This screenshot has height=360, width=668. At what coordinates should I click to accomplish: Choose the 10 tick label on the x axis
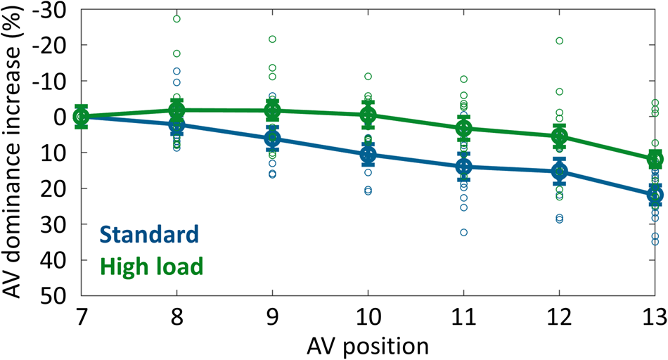[367, 316]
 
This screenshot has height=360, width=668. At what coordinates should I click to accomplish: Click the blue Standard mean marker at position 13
[654, 195]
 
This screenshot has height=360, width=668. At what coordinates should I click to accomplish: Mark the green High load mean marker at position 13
[654, 159]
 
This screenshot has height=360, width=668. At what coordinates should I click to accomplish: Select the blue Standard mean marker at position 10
[367, 155]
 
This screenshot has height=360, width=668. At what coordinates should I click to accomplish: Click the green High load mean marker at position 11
[463, 128]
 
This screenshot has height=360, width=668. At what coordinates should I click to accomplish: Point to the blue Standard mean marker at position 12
[558, 171]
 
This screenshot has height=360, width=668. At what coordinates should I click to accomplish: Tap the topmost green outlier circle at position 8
[176, 19]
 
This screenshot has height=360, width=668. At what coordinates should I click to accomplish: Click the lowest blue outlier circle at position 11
[463, 232]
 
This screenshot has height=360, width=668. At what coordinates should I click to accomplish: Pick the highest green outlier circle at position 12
[559, 41]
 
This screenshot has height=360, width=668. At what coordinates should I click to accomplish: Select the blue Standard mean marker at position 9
[272, 139]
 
